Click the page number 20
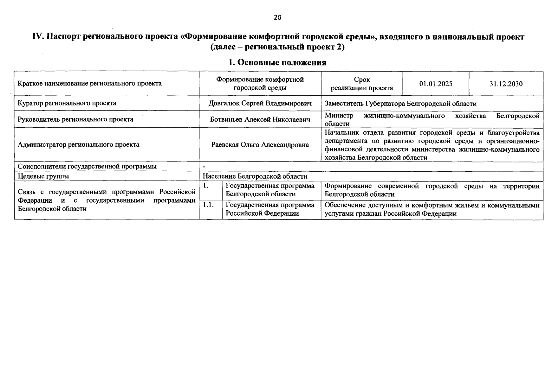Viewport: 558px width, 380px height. pos(277,17)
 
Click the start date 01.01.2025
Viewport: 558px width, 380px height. pos(436,84)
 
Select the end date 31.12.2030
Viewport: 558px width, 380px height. pos(506,84)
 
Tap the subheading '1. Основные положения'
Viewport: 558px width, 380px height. pos(277,62)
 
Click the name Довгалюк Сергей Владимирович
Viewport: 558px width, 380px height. pos(260,104)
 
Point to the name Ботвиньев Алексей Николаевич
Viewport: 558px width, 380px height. pos(260,119)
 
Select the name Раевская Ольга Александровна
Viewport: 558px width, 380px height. pos(260,145)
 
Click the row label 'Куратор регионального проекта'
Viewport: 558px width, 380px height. pos(67,103)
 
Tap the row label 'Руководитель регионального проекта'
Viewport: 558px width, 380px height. pos(75,119)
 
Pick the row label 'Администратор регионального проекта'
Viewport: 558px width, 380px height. pos(79,145)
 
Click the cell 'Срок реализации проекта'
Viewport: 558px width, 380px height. pos(362,84)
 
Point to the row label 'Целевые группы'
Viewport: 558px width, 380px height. pos(43,176)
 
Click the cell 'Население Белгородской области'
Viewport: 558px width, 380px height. pos(255,176)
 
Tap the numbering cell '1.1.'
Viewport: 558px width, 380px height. pos(208,205)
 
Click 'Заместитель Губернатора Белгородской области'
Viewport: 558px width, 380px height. pos(400,104)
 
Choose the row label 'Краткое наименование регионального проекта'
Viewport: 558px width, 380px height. pos(90,84)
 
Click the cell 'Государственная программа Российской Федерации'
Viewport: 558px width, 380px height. pos(270,209)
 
